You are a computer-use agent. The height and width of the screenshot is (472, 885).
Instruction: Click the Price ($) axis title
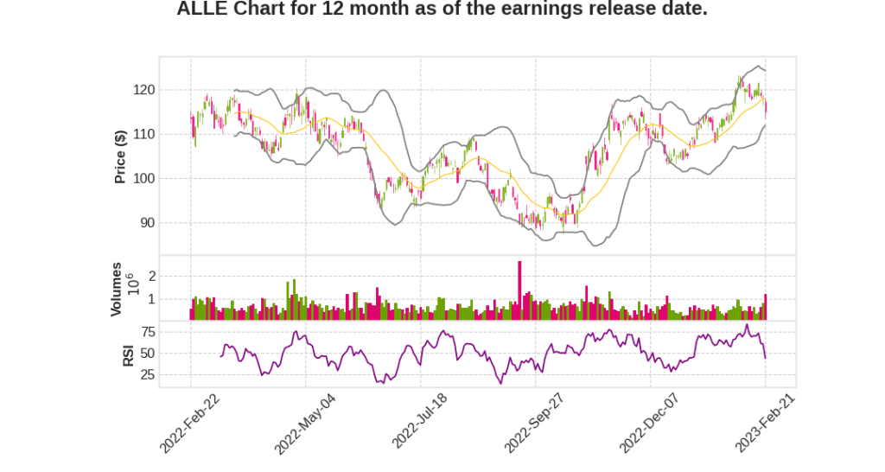click(121, 156)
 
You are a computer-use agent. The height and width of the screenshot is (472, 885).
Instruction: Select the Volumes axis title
click(117, 290)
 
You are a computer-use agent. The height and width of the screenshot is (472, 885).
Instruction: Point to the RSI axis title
click(129, 354)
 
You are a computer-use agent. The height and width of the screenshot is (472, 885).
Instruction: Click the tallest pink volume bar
click(519, 290)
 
